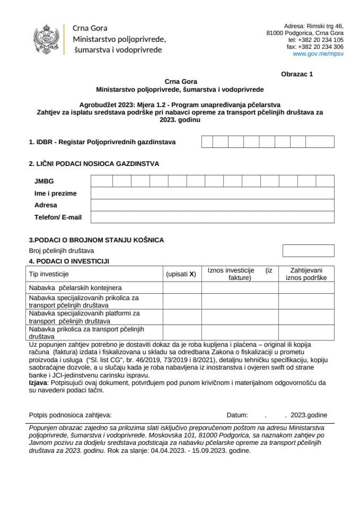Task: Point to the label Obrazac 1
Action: [297, 74]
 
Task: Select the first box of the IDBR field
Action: [207, 142]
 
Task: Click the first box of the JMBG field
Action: [101, 181]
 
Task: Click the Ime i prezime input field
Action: [212, 193]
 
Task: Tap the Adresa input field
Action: [212, 205]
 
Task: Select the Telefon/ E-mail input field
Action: [212, 217]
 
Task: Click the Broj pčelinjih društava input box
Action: [308, 250]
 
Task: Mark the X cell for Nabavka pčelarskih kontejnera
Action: [181, 287]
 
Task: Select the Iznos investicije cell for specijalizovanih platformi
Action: [240, 317]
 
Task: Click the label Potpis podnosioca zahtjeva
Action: [70, 415]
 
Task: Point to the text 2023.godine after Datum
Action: [312, 415]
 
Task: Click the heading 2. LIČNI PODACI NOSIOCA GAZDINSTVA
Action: [94, 164]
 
